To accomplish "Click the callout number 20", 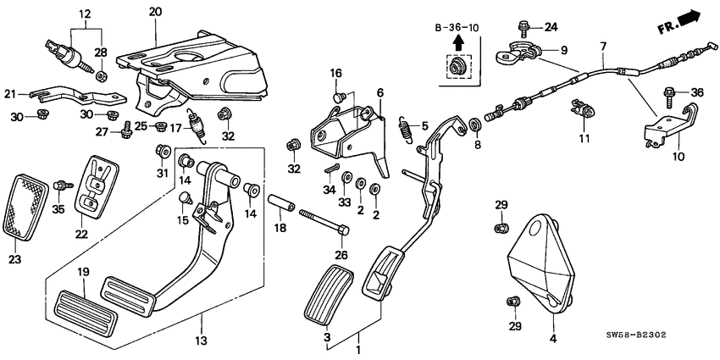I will point(154,11).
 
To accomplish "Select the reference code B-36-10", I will point(457,28).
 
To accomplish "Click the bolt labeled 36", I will point(672,91).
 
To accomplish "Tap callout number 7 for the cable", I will point(603,45).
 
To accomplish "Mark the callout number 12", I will point(84,14).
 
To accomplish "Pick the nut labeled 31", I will point(158,152).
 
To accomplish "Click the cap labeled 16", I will point(339,98).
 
